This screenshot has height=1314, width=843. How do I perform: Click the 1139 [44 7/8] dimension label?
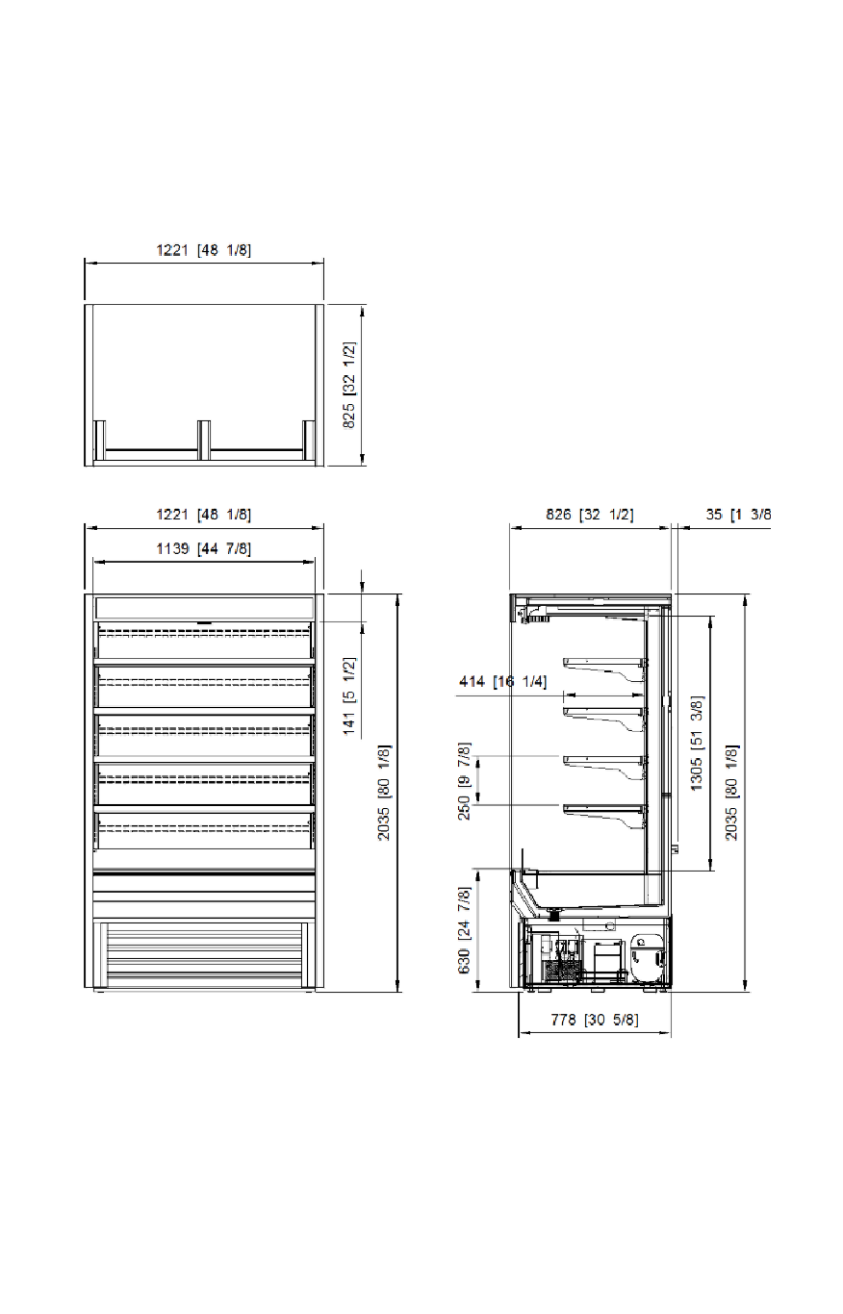tap(203, 548)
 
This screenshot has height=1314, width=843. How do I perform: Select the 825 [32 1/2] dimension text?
tap(348, 386)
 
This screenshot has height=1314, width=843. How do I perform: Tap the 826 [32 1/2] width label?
tap(589, 515)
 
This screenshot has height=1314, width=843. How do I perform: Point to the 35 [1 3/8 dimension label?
tap(738, 515)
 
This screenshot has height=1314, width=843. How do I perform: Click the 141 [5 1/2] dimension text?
tap(349, 695)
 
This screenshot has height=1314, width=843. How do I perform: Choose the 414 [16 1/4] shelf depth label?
tap(502, 681)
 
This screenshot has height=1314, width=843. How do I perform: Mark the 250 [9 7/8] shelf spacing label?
tap(464, 781)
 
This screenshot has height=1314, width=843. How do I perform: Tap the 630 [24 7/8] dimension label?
tap(464, 930)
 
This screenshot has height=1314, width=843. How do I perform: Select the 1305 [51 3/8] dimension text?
tap(696, 744)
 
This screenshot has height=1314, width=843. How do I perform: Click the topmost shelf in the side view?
tap(604, 670)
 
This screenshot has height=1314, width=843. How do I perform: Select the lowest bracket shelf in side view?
tap(604, 817)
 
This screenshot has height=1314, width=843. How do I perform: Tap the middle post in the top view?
tap(204, 440)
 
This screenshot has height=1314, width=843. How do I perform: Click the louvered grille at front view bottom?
tap(204, 955)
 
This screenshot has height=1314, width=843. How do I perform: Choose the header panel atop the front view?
tap(204, 607)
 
